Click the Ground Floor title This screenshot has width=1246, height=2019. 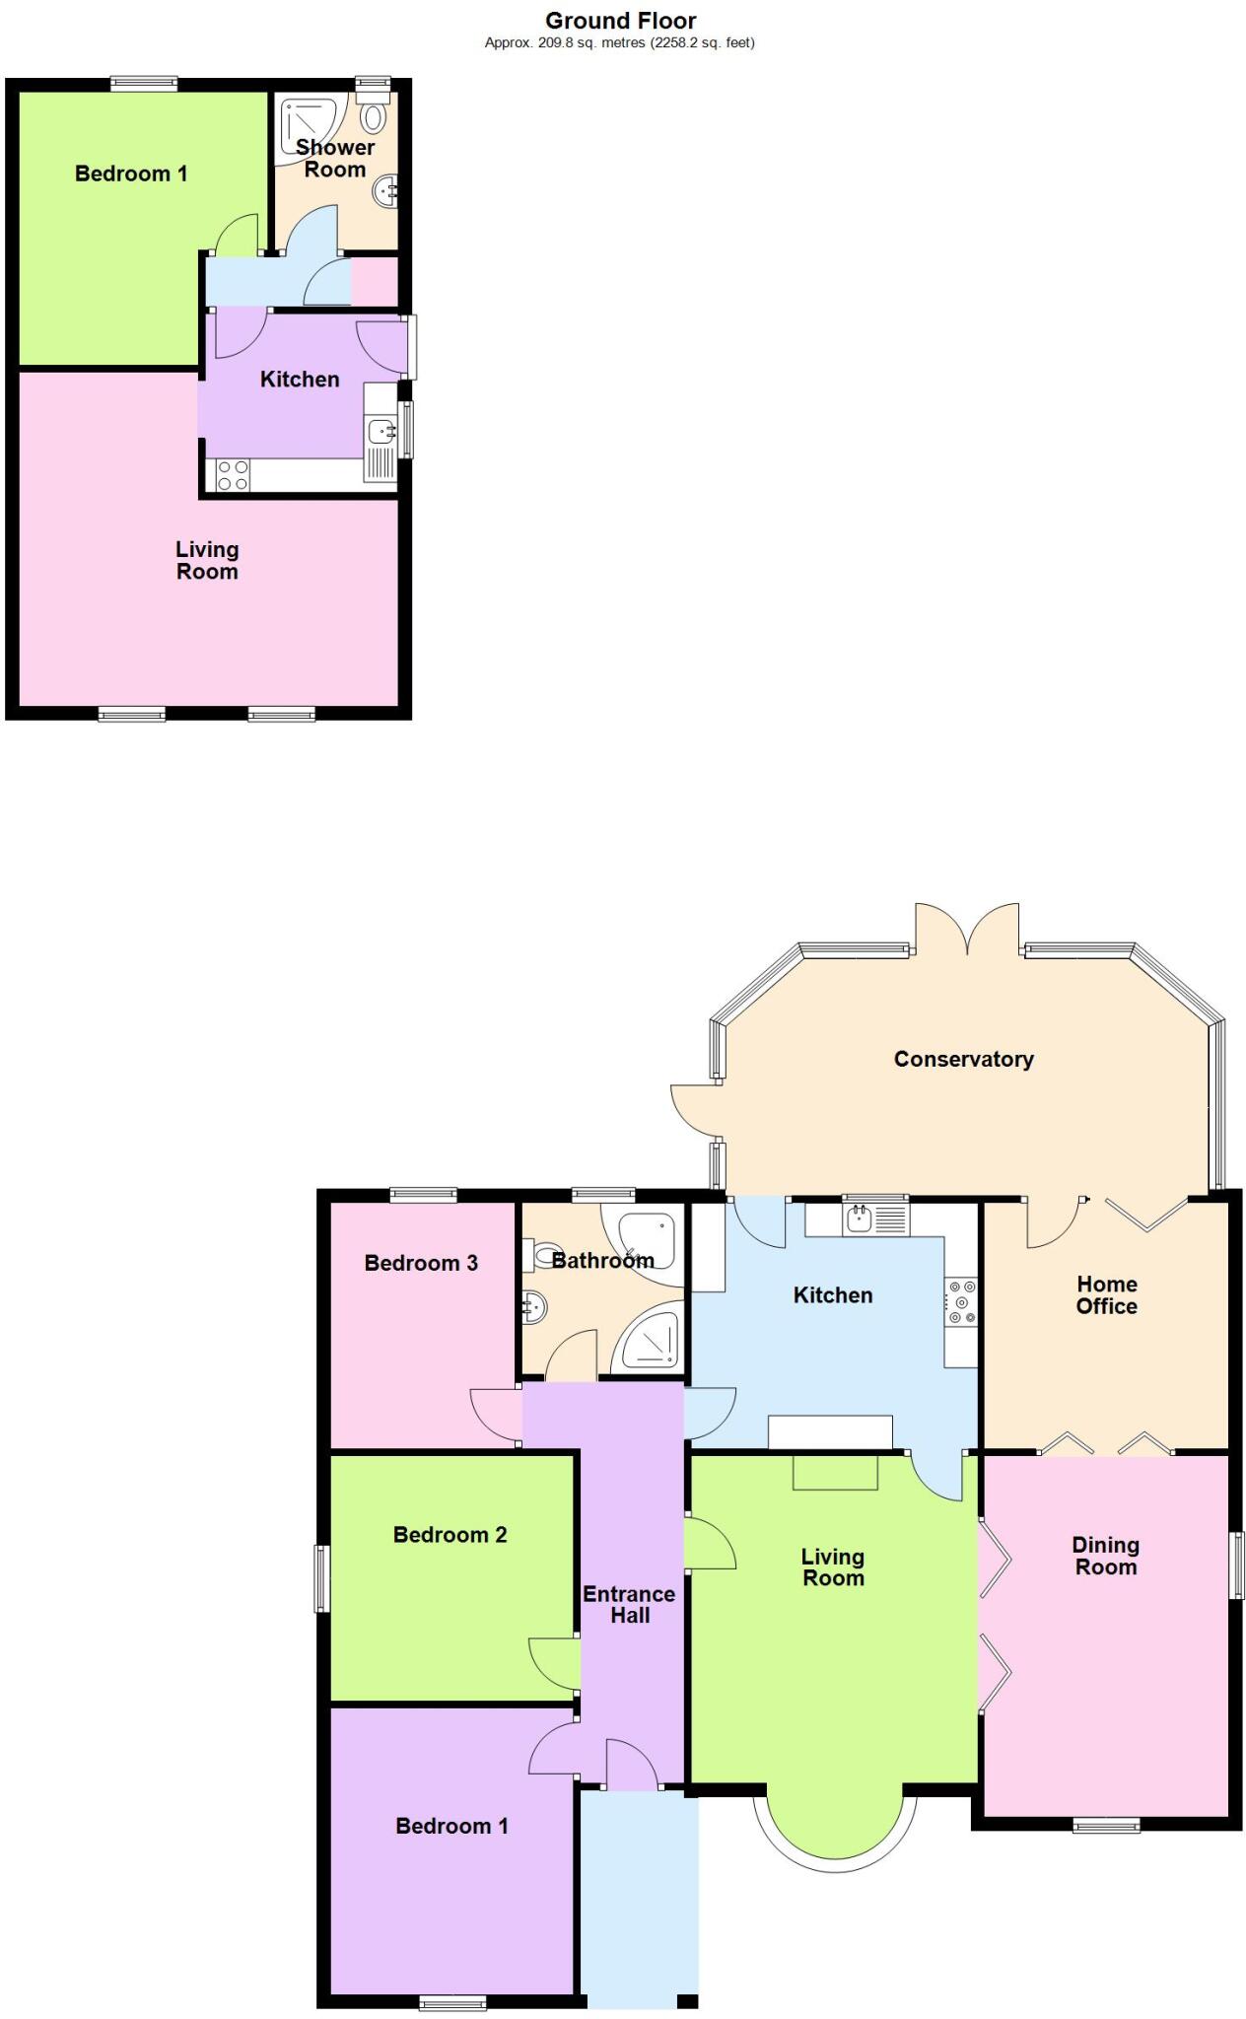point(620,21)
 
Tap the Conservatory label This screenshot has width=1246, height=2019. point(963,1059)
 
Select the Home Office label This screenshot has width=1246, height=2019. point(1106,1294)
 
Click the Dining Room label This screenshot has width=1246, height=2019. point(1105,1556)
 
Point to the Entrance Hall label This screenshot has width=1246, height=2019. point(629,1604)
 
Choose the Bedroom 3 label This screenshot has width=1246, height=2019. point(421,1263)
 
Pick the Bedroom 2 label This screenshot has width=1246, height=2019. point(450,1534)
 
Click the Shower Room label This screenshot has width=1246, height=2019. point(335,158)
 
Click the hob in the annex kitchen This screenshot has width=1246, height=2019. point(233,475)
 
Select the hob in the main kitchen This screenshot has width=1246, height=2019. point(961,1302)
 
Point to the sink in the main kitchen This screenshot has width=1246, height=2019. point(859,1219)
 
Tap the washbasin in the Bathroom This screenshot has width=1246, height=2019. point(533,1307)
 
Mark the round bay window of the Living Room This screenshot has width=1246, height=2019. point(834,1824)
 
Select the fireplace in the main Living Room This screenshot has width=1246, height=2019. point(835,1472)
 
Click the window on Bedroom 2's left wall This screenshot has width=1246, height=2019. point(321,1578)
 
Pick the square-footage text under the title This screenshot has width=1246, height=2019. point(620,42)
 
